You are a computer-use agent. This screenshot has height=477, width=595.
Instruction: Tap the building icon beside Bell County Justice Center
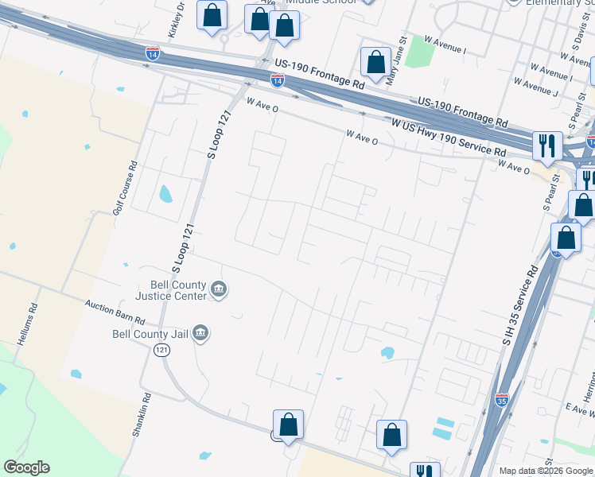tap(220, 291)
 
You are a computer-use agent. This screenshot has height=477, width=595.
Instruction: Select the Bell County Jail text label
tap(151, 334)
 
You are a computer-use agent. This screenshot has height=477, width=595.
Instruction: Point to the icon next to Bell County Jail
tap(200, 333)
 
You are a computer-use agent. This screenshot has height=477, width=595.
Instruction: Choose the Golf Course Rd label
tap(125, 188)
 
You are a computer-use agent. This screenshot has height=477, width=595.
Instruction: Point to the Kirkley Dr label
tap(176, 21)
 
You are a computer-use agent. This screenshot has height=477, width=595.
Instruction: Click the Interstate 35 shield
tap(501, 397)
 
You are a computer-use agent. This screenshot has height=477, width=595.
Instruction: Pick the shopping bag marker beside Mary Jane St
tap(375, 62)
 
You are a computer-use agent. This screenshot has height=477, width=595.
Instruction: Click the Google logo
tap(26, 467)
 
